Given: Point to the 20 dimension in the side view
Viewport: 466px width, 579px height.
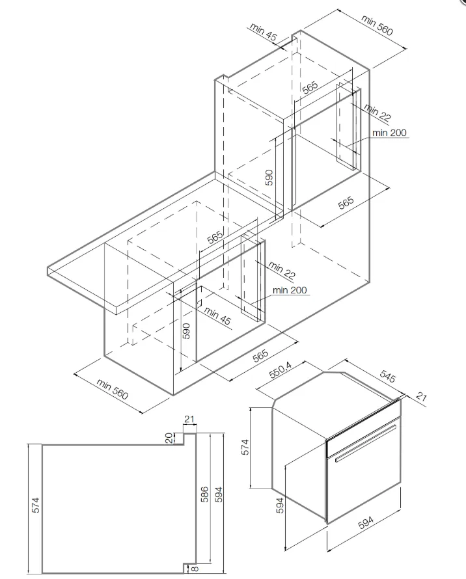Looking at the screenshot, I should pos(169,438).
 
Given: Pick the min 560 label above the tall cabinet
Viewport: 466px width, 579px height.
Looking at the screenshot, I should pos(377,27).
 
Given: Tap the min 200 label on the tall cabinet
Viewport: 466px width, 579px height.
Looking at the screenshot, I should pos(389,133).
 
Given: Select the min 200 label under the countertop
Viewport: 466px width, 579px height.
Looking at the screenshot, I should pos(290,290).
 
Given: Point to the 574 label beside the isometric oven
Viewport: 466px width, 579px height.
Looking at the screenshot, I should pos(245,448).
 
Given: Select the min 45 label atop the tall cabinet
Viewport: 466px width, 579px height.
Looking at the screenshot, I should pos(262,32).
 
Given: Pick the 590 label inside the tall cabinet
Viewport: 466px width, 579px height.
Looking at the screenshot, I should pos(269,176).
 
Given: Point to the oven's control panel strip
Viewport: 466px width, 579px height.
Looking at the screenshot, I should pos(361,426).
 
